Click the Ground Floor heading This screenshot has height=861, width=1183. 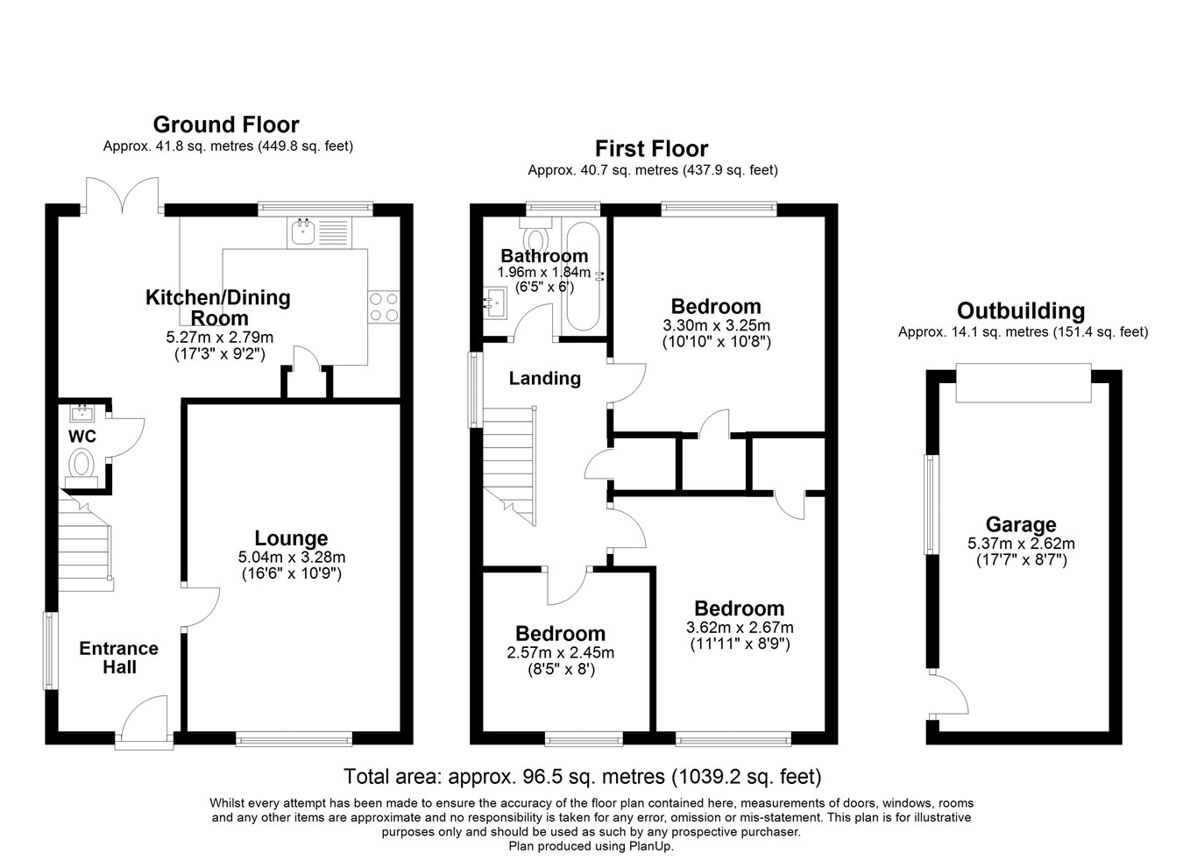click(x=226, y=125)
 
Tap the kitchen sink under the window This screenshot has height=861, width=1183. click(x=303, y=232)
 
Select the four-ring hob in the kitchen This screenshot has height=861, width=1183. click(x=384, y=306)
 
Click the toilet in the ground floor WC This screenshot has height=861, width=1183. click(x=81, y=463)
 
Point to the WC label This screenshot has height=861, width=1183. click(x=82, y=436)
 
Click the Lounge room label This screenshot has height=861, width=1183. click(x=291, y=538)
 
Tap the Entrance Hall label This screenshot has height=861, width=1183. click(x=119, y=658)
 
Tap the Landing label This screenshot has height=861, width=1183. click(x=544, y=378)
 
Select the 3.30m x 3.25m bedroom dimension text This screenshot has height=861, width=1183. click(x=716, y=324)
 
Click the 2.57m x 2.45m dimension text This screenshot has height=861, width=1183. click(x=560, y=652)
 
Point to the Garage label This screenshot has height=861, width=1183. click(x=1021, y=524)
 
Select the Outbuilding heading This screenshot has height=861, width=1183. click(x=1021, y=311)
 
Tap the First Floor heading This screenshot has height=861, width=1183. click(x=651, y=149)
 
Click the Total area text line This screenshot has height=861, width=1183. click(x=582, y=776)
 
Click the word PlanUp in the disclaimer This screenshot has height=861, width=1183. click(x=650, y=846)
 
